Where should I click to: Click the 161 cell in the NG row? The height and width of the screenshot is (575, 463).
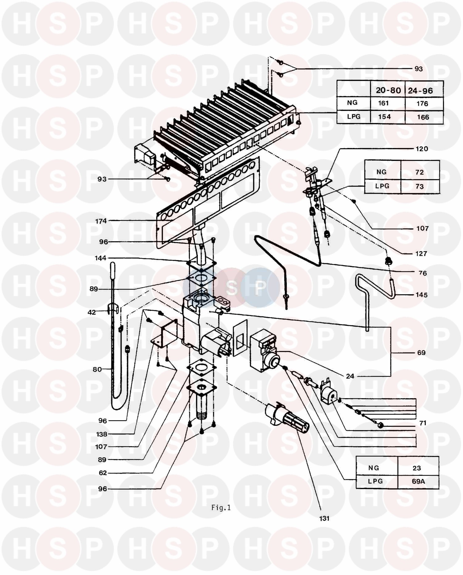point(383,103)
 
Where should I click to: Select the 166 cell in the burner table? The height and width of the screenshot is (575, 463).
point(423,117)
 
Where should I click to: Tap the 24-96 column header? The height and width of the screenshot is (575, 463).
point(420,91)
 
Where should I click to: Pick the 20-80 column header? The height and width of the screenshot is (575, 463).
point(388,90)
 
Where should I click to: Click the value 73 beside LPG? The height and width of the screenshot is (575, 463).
point(419,186)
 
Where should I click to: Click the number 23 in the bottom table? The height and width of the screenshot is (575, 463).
point(417,468)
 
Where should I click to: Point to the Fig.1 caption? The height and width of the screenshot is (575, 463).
point(221,507)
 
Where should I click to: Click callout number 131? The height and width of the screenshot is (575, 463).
point(324,518)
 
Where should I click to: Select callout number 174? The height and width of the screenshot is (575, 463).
point(101,221)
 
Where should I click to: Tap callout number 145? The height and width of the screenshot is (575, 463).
point(421,294)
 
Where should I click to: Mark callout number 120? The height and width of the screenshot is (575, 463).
point(422,149)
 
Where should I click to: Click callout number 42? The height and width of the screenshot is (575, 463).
point(92,312)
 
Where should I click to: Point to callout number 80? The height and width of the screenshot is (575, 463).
point(97,369)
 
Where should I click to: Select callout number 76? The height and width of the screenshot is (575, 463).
point(423,273)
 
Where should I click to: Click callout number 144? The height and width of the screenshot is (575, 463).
point(101,258)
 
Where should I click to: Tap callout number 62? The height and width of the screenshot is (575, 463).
point(102,473)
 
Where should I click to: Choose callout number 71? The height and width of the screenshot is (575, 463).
point(423,423)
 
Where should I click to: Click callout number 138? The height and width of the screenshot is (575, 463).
point(101,434)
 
